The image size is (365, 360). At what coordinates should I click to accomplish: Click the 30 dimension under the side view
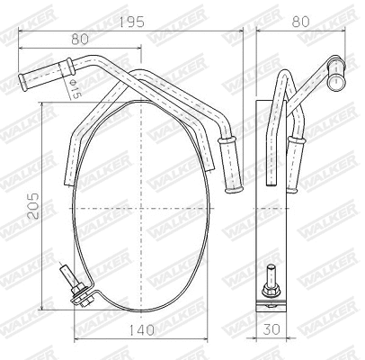coord(272,332)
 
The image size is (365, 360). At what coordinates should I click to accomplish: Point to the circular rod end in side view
coord(337,80)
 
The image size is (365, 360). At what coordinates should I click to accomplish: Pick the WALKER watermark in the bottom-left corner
coord(27,337)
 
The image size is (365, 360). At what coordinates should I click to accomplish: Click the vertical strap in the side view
coord(267,198)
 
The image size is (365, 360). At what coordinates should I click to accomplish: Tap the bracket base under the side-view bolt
coord(270,304)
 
